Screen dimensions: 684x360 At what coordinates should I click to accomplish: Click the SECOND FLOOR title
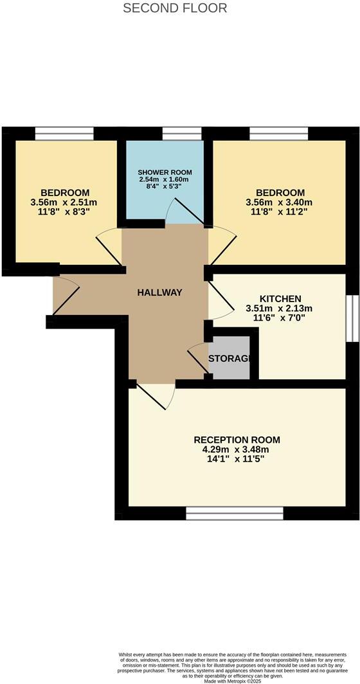[x=175, y=8]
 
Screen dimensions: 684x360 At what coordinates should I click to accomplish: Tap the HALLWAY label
[x=160, y=292]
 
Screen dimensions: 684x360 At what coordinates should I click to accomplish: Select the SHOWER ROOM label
[x=165, y=174]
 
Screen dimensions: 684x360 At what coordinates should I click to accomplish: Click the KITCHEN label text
[x=280, y=299]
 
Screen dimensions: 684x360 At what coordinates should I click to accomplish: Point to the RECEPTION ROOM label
[x=237, y=440]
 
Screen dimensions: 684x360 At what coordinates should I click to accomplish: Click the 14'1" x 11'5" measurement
[x=237, y=460]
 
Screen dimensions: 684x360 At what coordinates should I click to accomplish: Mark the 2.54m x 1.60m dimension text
[x=165, y=180]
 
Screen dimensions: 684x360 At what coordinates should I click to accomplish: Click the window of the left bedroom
[x=64, y=133]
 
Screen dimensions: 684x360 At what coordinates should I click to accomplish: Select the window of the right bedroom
[x=278, y=133]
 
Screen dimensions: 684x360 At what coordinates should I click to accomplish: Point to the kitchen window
[x=351, y=318]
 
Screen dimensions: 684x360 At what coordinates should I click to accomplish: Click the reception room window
[x=235, y=513]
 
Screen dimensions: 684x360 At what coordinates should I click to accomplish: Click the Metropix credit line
[x=239, y=681]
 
